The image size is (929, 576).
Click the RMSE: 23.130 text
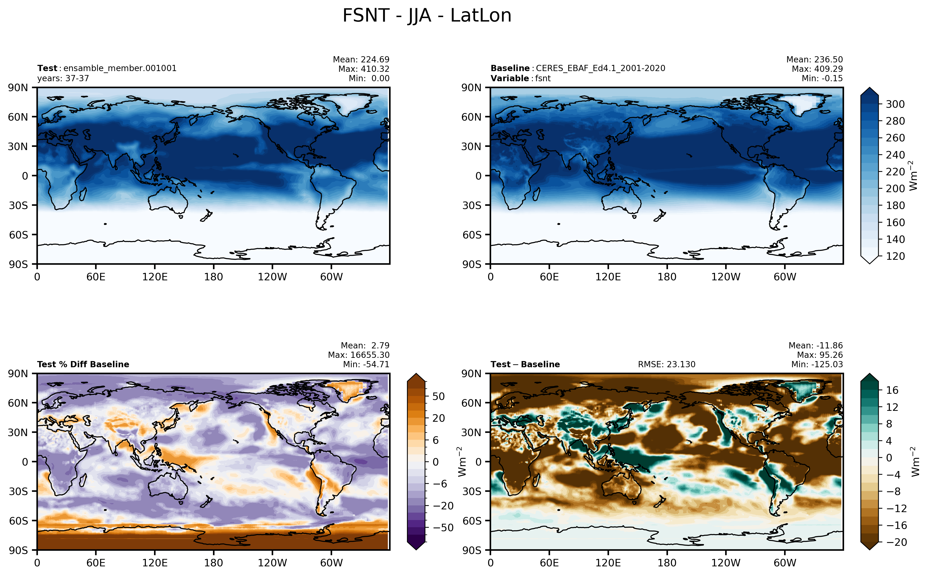click(x=666, y=364)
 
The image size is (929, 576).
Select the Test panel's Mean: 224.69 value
click(x=361, y=59)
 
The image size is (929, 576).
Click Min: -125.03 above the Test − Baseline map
click(x=817, y=364)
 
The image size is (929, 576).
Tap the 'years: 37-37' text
click(x=63, y=79)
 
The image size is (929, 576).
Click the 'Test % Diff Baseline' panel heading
click(x=83, y=364)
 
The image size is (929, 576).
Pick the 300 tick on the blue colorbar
click(x=895, y=104)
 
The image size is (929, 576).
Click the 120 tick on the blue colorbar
click(x=895, y=256)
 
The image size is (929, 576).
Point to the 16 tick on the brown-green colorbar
click(x=892, y=390)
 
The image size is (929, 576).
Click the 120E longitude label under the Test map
click(x=155, y=277)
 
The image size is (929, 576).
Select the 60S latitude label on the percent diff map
click(x=18, y=521)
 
